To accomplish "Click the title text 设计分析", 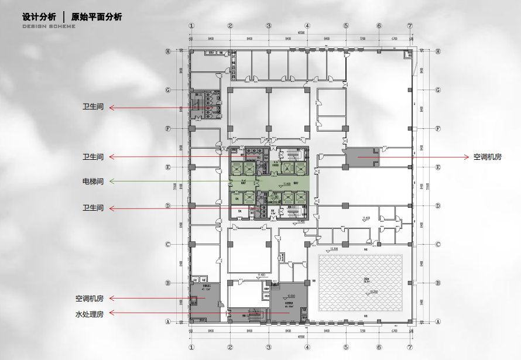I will pos(39,17).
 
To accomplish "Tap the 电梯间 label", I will pos(93,181).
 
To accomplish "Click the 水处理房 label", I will pos(90,314).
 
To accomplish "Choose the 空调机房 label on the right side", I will pos(488,157).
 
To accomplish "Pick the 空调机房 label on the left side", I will pos(90,299).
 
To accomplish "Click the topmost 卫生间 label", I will pos(93,107).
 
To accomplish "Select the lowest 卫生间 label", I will pos(93,208).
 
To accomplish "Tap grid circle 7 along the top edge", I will pos(410,26).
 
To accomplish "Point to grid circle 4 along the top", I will pos(307,26).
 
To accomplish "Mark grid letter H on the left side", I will pos(168,51).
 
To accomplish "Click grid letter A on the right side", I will pos(438,321).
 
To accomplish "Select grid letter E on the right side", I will pos(438,167).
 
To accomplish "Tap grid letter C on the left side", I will pos(168,245).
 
